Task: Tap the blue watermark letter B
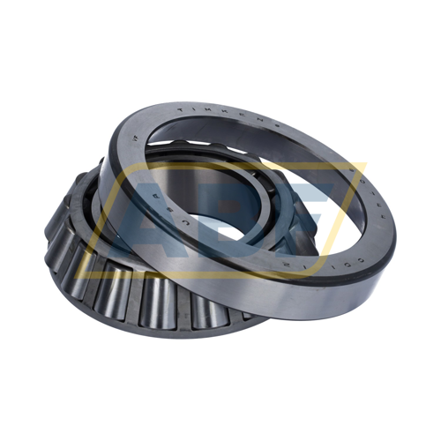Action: [231, 212]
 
